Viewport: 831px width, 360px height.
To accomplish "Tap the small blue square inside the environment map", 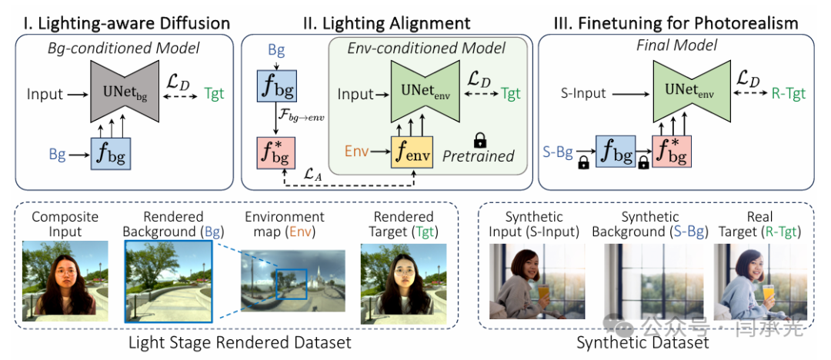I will [290, 284].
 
